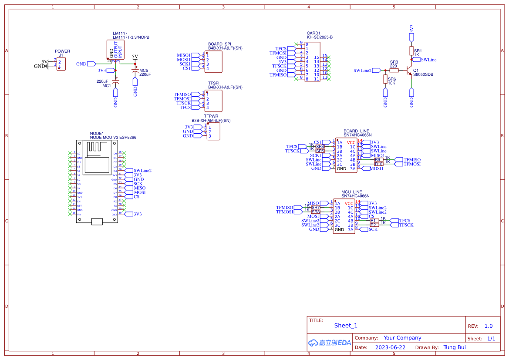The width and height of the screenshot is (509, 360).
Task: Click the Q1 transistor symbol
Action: coord(410,70)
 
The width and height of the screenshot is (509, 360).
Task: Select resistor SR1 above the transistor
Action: coord(411,51)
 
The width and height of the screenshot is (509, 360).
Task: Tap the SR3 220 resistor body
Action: coord(394,70)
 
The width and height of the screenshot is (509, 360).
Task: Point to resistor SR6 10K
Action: coord(385,79)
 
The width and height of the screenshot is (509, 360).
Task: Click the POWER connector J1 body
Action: coord(61,64)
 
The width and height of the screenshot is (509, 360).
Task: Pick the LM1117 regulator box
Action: coord(115,49)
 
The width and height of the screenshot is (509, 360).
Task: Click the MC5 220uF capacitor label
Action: coord(145,72)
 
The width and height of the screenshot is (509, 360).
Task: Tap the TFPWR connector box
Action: coord(213,131)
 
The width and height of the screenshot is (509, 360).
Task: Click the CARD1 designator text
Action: coord(313,33)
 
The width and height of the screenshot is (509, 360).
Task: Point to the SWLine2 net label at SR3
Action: coord(363,70)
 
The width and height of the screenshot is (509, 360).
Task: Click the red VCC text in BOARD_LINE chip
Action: coord(351,142)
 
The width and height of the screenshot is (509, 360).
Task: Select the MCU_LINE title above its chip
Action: coord(351,192)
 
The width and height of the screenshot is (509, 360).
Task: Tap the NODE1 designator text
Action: coord(97,133)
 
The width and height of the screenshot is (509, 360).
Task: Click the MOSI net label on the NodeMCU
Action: coord(139,192)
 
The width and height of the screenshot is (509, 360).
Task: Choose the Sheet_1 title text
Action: coord(346,326)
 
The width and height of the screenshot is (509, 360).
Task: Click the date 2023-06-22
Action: coord(390,347)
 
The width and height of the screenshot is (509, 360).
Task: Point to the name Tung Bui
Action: coord(455,347)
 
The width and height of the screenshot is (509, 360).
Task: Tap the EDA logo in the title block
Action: coord(330,343)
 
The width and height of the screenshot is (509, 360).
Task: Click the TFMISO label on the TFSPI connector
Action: coord(182,94)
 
